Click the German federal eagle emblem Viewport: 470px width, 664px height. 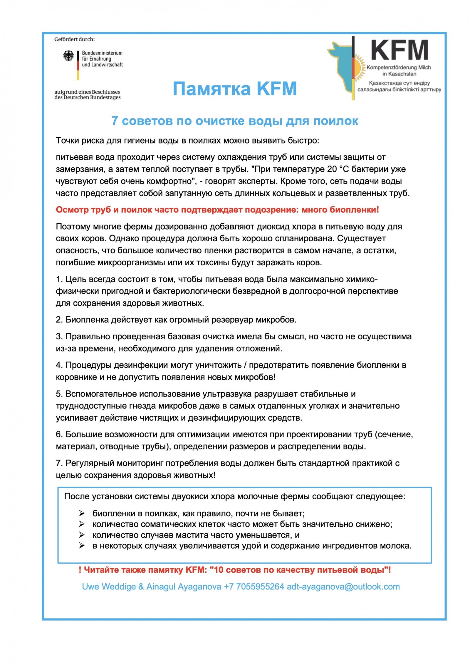pyautogui.click(x=68, y=56)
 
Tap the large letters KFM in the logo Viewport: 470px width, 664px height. pyautogui.click(x=399, y=50)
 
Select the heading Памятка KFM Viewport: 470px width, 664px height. pyautogui.click(x=235, y=88)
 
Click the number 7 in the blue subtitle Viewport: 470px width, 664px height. pyautogui.click(x=115, y=121)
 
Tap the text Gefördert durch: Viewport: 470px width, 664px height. pyautogui.click(x=74, y=39)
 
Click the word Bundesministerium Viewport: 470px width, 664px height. pyautogui.click(x=102, y=53)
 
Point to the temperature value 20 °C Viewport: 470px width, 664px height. pyautogui.click(x=333, y=169)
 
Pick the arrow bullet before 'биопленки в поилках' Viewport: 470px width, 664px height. pyautogui.click(x=82, y=513)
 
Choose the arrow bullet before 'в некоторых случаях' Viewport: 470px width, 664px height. pyautogui.click(x=82, y=546)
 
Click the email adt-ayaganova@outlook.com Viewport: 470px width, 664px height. pyautogui.click(x=343, y=587)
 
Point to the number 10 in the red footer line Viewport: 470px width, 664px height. pyautogui.click(x=219, y=570)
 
